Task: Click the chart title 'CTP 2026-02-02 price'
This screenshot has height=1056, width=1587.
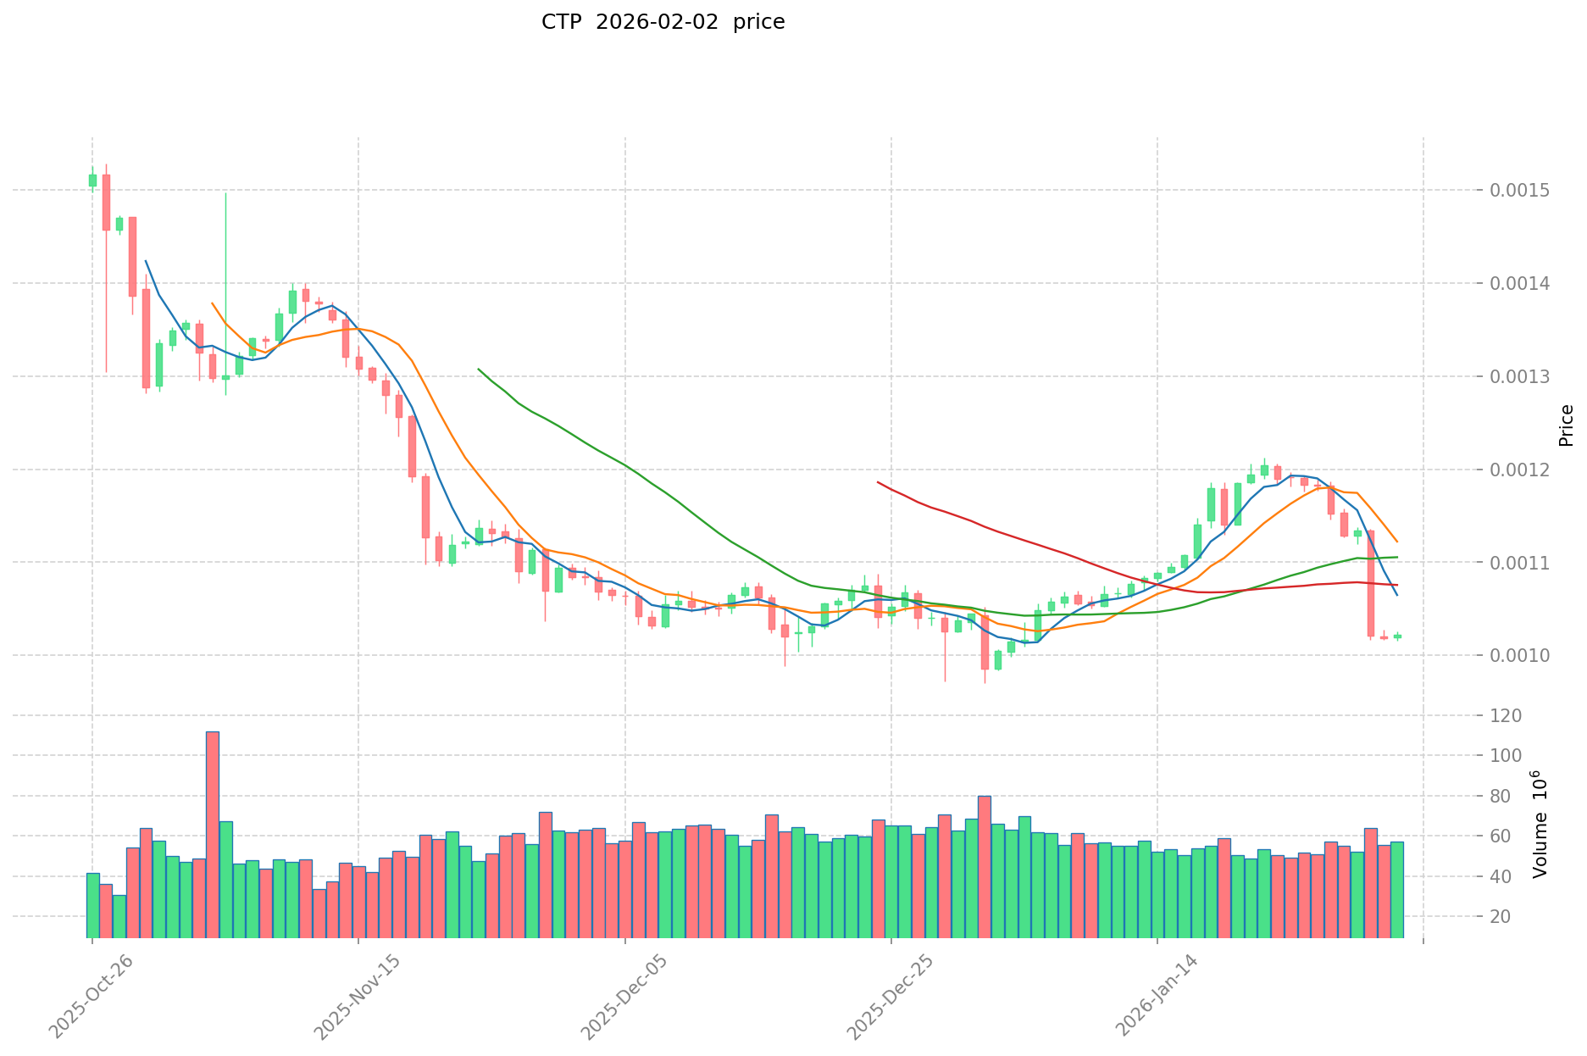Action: pyautogui.click(x=663, y=22)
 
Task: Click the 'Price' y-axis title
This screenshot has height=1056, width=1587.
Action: pyautogui.click(x=1566, y=425)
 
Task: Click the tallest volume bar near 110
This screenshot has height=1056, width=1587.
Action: pyautogui.click(x=213, y=835)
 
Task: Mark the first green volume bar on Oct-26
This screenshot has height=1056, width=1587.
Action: pyautogui.click(x=93, y=905)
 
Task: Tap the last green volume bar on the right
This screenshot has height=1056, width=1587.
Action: pyautogui.click(x=1397, y=890)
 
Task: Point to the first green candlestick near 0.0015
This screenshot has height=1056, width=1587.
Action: pyautogui.click(x=92, y=180)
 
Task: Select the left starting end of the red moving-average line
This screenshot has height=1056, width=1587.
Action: pyautogui.click(x=878, y=482)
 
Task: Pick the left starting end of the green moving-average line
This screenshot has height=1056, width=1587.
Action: pyautogui.click(x=479, y=370)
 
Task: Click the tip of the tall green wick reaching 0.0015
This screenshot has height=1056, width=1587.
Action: pyautogui.click(x=225, y=193)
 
